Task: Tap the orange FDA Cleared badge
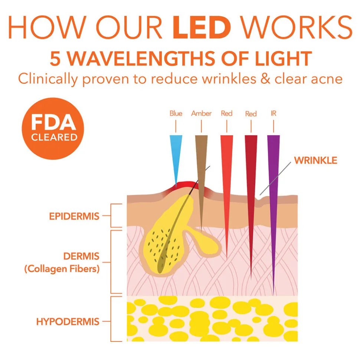[53, 129]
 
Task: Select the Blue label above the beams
[176, 113]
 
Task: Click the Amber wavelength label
[202, 113]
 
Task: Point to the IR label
[274, 113]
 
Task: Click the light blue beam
[176, 156]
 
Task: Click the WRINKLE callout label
[315, 160]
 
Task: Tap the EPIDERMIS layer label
[74, 216]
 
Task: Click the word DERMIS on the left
[81, 256]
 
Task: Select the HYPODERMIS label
[68, 322]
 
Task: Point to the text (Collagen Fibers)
[62, 269]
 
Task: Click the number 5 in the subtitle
[55, 59]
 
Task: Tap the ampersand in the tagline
[265, 79]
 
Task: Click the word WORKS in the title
[297, 27]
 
